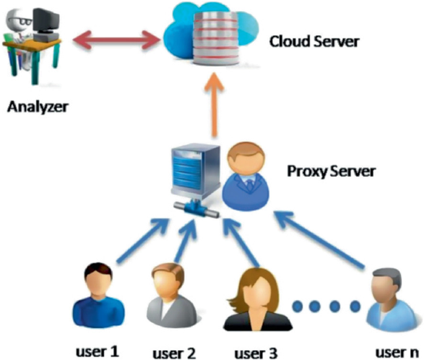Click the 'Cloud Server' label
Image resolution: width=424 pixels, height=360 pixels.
[314, 43]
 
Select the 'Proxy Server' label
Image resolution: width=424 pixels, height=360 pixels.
[331, 170]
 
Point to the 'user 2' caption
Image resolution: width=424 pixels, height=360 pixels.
[175, 353]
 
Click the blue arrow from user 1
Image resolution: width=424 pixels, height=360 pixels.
[139, 240]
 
